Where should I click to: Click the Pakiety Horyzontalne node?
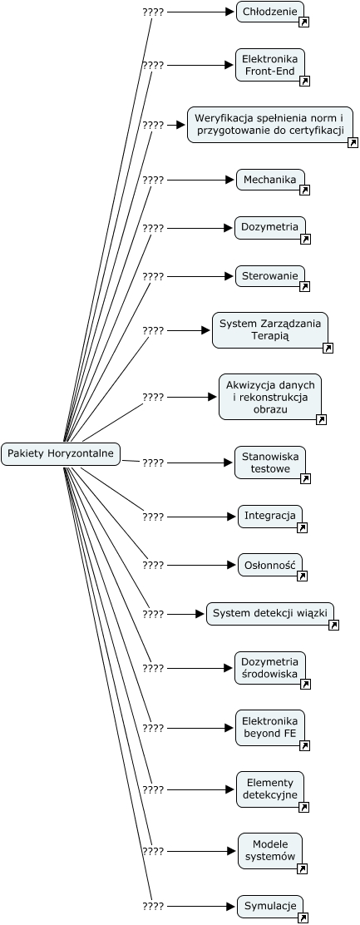click(x=61, y=454)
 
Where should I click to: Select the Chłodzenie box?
click(x=270, y=12)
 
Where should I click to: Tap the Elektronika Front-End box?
click(x=270, y=65)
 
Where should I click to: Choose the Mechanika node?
click(x=270, y=180)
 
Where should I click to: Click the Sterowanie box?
click(x=270, y=276)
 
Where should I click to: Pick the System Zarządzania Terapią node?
click(x=270, y=330)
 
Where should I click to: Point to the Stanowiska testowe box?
click(x=270, y=462)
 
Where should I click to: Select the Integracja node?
click(x=270, y=517)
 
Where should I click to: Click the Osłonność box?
click(x=270, y=565)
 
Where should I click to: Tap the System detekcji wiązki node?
click(x=270, y=614)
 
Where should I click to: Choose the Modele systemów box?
click(x=270, y=851)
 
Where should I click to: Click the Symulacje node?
click(x=270, y=906)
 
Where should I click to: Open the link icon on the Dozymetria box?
click(x=305, y=239)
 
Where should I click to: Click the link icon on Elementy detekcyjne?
click(x=304, y=807)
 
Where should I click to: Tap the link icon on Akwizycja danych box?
click(x=322, y=419)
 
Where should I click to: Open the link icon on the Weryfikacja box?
click(x=353, y=142)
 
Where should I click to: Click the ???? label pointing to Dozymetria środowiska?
click(x=153, y=669)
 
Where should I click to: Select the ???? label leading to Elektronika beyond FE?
click(x=153, y=729)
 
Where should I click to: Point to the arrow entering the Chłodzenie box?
click(x=201, y=12)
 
